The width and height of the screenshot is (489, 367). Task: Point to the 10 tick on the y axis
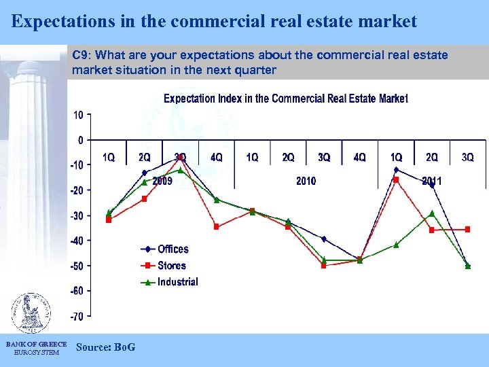(x=79, y=115)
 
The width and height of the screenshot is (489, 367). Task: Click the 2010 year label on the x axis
(x=306, y=181)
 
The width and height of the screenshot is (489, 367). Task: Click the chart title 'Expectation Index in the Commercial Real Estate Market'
(x=286, y=99)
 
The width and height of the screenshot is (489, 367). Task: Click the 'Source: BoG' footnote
(x=106, y=347)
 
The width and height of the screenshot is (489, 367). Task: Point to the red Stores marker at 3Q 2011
(x=467, y=230)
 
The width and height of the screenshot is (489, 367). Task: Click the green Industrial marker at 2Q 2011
(x=432, y=213)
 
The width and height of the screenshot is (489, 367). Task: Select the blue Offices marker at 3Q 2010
(x=324, y=239)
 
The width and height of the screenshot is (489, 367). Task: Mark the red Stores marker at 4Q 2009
(x=217, y=227)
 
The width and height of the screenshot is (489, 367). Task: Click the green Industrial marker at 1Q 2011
(x=396, y=245)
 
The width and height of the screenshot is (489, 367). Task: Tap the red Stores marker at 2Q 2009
(x=144, y=199)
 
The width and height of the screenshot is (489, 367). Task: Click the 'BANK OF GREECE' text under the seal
(x=36, y=345)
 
